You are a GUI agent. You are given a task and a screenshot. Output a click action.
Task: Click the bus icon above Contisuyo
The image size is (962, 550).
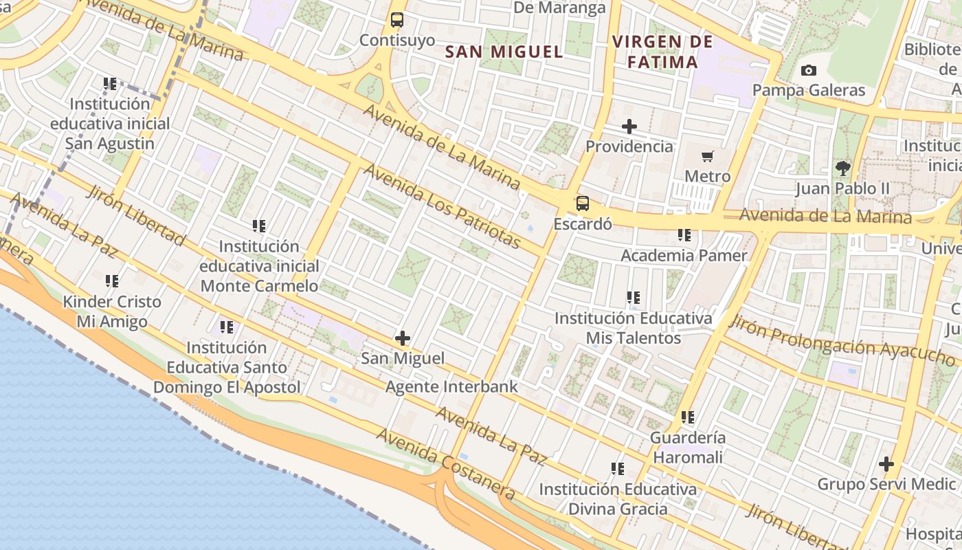397,20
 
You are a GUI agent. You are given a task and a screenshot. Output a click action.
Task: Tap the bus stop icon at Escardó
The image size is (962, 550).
583,203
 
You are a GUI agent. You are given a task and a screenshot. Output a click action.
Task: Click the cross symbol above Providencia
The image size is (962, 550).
629,126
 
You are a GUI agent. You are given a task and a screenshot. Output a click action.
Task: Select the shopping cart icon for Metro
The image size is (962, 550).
708,157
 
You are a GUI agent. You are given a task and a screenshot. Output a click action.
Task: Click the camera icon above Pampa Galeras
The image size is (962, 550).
809,70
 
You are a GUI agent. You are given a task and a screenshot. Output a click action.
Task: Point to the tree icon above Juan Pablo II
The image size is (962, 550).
842,168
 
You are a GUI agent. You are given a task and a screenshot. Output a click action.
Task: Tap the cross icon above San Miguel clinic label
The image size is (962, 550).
403,338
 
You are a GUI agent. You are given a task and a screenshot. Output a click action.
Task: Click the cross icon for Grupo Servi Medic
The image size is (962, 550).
886,464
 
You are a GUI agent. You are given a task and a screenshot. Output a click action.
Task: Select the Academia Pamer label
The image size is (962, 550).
684,256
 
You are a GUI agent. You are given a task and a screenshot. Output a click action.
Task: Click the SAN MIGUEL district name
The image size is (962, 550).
504,52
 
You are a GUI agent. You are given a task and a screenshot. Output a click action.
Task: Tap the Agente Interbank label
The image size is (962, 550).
451,387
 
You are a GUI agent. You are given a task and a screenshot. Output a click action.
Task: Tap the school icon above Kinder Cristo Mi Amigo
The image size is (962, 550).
112,281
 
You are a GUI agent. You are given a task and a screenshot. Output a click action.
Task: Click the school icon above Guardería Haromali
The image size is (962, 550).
688,417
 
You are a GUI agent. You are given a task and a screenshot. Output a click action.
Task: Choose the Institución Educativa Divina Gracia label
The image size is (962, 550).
617,499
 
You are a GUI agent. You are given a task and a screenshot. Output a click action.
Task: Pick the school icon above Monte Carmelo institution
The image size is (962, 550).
259,225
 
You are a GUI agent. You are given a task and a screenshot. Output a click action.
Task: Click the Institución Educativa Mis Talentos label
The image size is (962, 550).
633,328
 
